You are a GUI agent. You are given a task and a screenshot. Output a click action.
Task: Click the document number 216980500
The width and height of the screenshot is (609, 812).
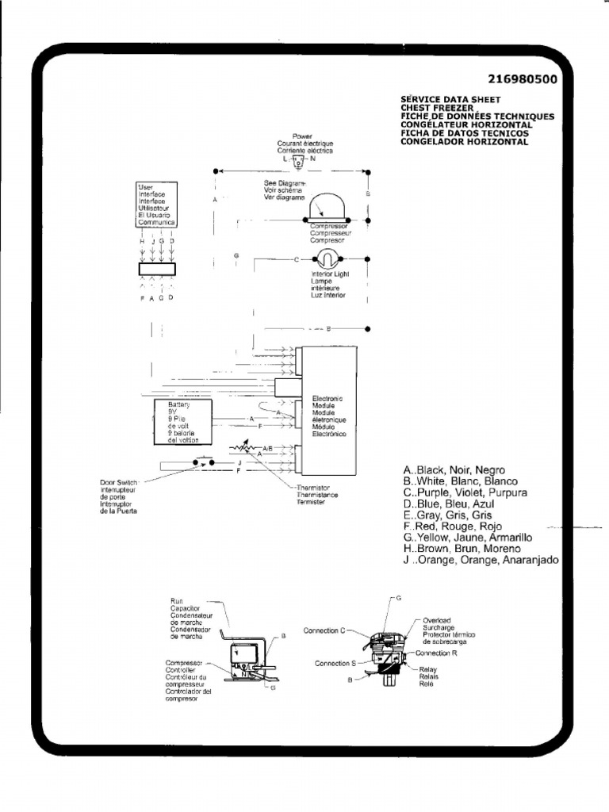[x=523, y=79]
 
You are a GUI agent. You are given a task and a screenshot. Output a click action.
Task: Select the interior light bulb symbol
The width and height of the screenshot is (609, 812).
[x=327, y=259]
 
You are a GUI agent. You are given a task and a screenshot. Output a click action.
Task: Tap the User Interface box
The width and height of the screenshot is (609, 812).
[x=156, y=205]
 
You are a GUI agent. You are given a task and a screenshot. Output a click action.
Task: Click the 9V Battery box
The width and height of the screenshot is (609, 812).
[x=183, y=422]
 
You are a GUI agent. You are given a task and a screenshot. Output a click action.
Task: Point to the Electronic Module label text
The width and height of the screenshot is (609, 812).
[x=328, y=417]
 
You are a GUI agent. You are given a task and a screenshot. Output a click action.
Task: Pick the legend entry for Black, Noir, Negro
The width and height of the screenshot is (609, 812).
[x=454, y=470]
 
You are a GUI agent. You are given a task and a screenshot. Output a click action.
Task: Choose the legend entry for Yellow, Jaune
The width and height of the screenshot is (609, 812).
[x=467, y=538]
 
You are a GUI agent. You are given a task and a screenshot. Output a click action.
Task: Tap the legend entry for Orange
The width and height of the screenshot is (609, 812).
[x=481, y=560]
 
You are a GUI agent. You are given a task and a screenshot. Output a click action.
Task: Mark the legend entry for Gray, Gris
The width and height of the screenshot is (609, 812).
[x=447, y=515]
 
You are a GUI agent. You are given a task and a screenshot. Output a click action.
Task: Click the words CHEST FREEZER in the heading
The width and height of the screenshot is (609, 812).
[x=437, y=107]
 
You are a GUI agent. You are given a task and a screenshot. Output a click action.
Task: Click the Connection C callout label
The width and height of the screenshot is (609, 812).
[x=324, y=630]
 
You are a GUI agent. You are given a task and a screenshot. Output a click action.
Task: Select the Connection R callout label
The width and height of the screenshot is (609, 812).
[x=437, y=653]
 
